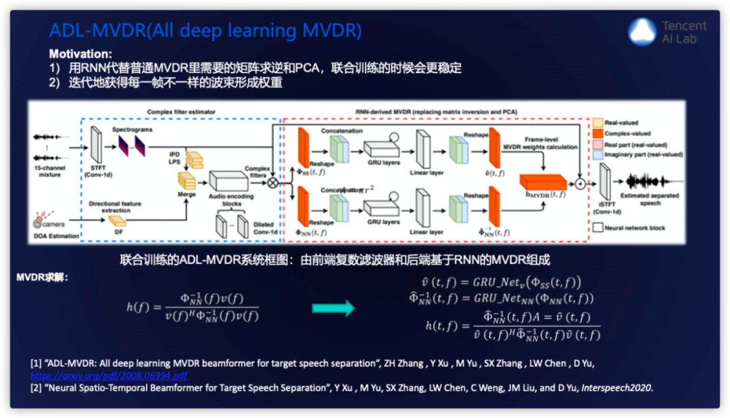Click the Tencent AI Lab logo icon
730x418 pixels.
coord(642,31)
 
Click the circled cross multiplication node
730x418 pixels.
coord(272,182)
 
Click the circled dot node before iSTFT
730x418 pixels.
coord(579,182)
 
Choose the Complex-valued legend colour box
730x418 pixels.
coord(598,133)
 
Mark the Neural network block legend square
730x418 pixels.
coord(598,227)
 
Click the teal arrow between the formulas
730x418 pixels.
coord(333,308)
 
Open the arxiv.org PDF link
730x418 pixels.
coord(109,375)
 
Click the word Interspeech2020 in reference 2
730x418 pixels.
coord(617,388)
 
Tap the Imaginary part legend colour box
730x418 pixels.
coord(598,154)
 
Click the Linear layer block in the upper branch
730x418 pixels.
coord(423,149)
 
